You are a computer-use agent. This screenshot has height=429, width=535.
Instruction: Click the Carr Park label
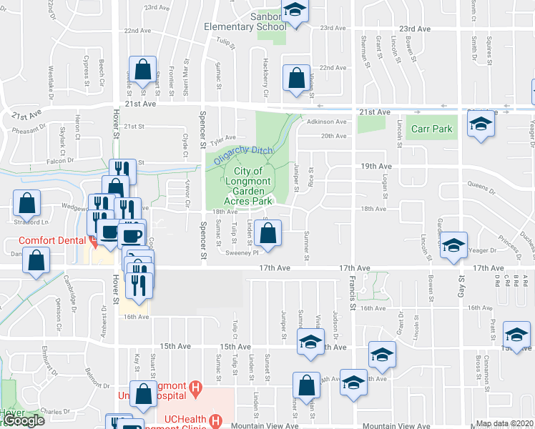click(432, 129)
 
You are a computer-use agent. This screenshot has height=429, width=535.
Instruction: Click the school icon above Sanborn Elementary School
click(293, 11)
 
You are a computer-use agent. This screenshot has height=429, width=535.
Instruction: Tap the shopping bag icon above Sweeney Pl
click(267, 234)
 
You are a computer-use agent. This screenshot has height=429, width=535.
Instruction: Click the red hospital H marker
click(195, 390)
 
